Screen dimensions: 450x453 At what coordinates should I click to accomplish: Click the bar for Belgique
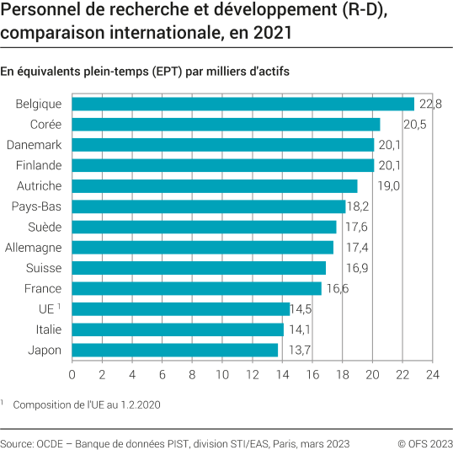[x=243, y=104]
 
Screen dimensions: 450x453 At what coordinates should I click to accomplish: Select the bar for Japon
[x=175, y=350]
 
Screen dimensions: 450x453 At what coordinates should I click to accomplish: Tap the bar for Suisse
[x=199, y=268]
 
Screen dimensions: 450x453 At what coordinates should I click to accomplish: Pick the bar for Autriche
[x=215, y=185]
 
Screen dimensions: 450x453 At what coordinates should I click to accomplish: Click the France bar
[x=197, y=288]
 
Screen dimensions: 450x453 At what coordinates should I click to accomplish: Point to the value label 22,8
[x=430, y=104]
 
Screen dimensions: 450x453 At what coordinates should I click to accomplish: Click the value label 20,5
[x=413, y=124]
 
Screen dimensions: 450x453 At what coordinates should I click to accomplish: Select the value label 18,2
[x=359, y=206]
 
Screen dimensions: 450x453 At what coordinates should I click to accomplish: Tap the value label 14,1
[x=297, y=329]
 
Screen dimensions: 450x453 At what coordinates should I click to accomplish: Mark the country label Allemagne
[x=33, y=248]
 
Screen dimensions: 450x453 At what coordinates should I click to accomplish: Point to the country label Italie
[x=48, y=329]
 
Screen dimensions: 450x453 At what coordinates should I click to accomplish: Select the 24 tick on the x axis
[x=433, y=373]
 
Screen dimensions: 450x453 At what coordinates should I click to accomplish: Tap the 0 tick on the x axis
[x=72, y=373]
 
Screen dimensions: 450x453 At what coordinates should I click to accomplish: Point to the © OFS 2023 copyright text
[x=424, y=442]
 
